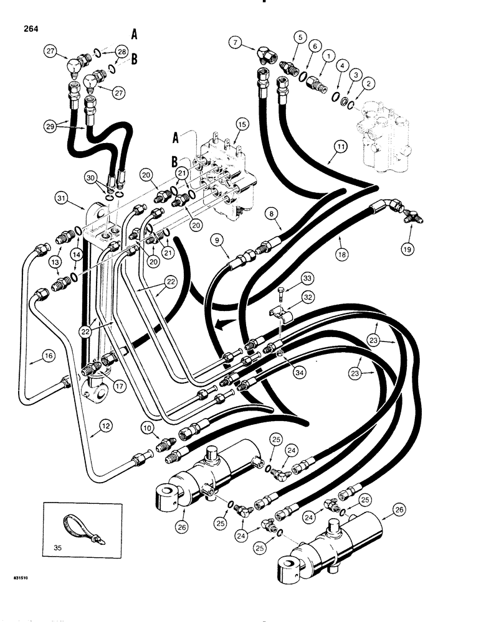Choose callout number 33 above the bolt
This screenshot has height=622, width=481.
[306, 277]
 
